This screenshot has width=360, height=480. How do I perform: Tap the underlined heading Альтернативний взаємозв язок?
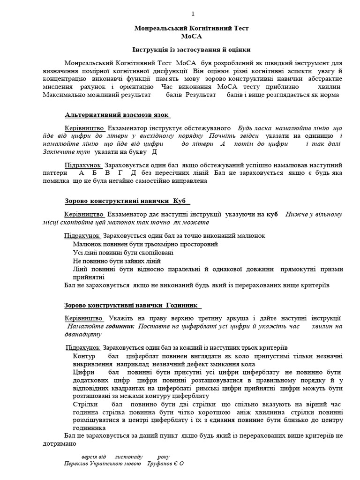pyautogui.click(x=117, y=115)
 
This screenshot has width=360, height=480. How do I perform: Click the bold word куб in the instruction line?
pyautogui.click(x=272, y=214)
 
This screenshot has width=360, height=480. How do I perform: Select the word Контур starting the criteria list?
pyautogui.click(x=84, y=357)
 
